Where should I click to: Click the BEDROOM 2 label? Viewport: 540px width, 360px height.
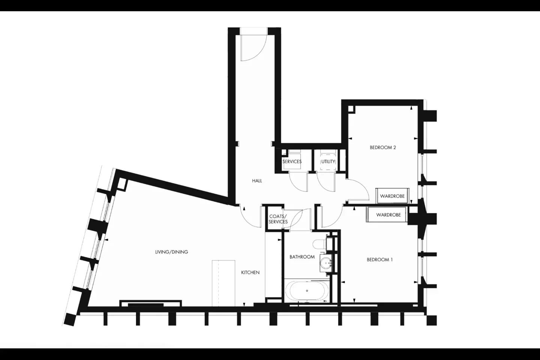pyautogui.click(x=383, y=147)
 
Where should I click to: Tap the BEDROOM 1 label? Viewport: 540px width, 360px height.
pyautogui.click(x=379, y=260)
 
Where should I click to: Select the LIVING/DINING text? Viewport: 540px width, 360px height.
pyautogui.click(x=171, y=252)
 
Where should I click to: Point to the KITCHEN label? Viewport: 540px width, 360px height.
pyautogui.click(x=250, y=273)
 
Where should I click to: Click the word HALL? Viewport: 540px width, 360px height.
pyautogui.click(x=257, y=181)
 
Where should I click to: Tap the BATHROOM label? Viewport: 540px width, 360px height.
pyautogui.click(x=302, y=257)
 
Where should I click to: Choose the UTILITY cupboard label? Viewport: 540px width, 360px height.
pyautogui.click(x=328, y=162)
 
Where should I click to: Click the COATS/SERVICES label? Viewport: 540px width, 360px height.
pyautogui.click(x=278, y=219)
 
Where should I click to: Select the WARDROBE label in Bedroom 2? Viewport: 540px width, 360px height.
pyautogui.click(x=392, y=196)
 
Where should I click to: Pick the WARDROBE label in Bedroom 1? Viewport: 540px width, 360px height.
pyautogui.click(x=388, y=214)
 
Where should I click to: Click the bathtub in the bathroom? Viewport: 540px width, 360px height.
pyautogui.click(x=307, y=291)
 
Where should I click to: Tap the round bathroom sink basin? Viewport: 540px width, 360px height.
pyautogui.click(x=326, y=263)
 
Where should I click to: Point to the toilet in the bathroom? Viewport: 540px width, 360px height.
pyautogui.click(x=320, y=244)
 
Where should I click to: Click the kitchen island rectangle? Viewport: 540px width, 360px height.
pyautogui.click(x=223, y=283)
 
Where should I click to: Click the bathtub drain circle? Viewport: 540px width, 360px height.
pyautogui.click(x=307, y=291)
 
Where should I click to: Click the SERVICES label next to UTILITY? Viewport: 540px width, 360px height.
pyautogui.click(x=292, y=162)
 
